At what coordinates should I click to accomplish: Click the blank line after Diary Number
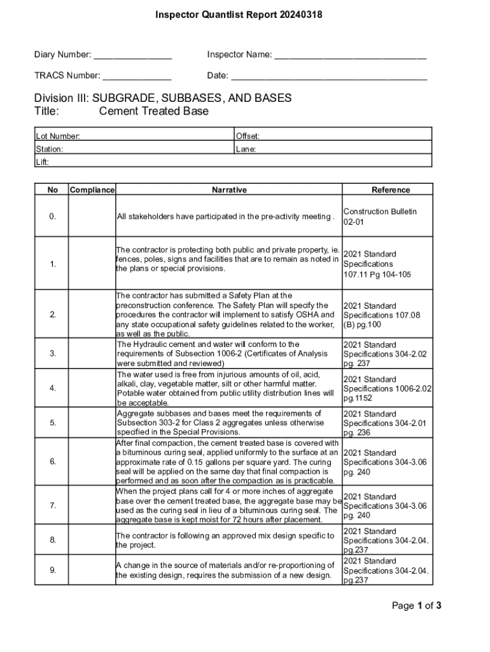(132, 56)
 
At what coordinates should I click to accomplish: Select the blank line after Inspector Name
(349, 56)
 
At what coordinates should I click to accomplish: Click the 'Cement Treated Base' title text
(154, 111)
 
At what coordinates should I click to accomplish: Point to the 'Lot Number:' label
(58, 136)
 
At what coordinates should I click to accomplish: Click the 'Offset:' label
(248, 136)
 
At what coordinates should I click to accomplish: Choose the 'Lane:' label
(246, 150)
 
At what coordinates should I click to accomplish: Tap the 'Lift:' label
(43, 162)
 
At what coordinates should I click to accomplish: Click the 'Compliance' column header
(92, 190)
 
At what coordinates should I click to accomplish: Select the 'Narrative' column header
(229, 190)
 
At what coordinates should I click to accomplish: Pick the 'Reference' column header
(391, 190)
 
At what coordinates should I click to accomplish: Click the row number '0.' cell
(52, 216)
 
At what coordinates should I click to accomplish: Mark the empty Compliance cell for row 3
(92, 353)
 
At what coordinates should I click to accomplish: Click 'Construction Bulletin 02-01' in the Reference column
(380, 216)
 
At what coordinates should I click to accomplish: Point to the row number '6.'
(52, 462)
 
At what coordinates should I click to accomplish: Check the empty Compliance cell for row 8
(92, 540)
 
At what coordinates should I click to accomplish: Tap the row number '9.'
(52, 570)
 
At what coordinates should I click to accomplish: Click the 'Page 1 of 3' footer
(416, 606)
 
